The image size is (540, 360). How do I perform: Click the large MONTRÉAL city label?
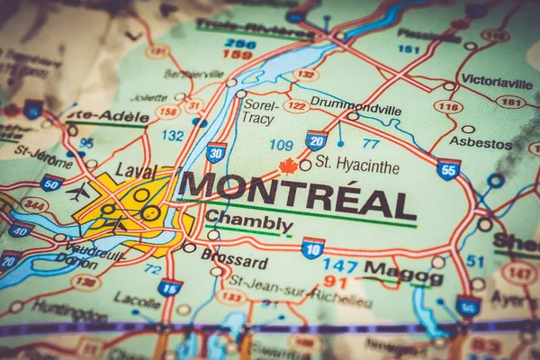tap(297, 193)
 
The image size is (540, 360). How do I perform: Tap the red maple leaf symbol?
tap(288, 166)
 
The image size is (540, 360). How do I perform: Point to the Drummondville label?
tap(355, 102)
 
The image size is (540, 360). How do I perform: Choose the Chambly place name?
tap(248, 221)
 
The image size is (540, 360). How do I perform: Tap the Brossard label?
tap(235, 263)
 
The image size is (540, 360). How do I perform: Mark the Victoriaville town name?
tap(496, 80)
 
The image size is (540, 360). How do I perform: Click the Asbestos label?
tap(481, 142)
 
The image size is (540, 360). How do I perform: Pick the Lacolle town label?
tap(138, 301)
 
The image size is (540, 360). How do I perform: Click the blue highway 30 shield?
tap(216, 152)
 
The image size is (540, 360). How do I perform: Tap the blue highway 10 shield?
tap(312, 247)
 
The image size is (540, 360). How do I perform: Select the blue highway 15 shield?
tap(169, 287)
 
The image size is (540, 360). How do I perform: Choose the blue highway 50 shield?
tap(51, 184)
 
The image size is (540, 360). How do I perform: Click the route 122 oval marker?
tap(295, 105)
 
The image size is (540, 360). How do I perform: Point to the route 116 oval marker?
tap(447, 106)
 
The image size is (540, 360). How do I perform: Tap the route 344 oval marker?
tap(35, 204)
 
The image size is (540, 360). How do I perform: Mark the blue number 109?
tap(281, 144)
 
